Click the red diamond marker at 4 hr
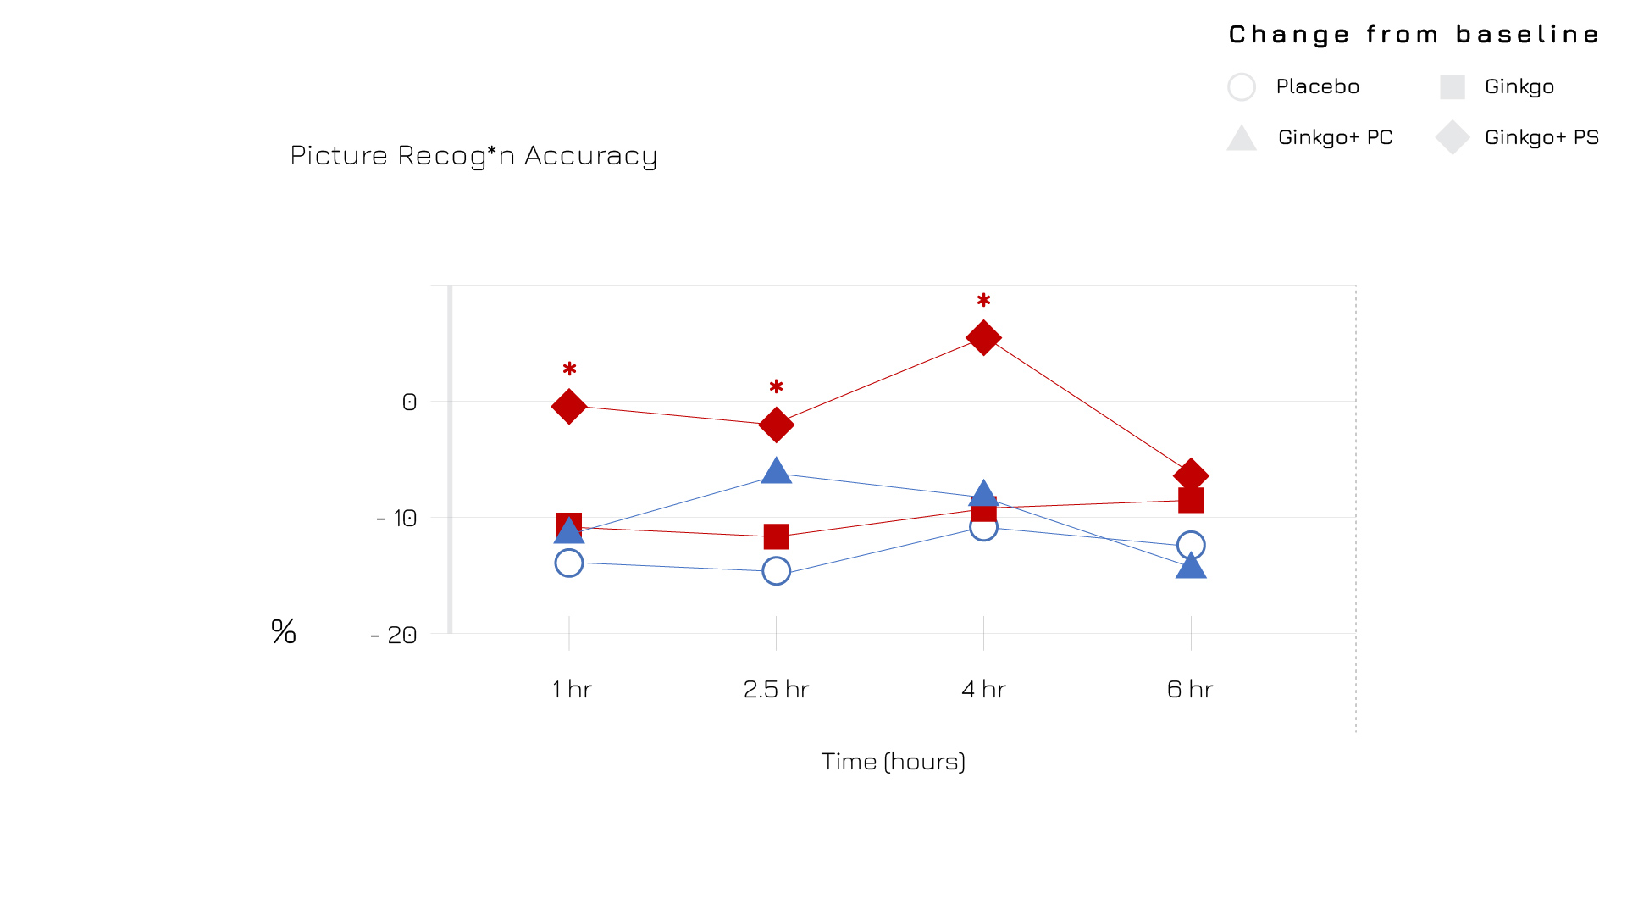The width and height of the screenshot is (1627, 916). click(x=983, y=337)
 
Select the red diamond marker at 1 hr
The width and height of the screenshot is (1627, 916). click(x=569, y=407)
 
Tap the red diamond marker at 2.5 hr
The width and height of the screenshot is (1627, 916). click(x=776, y=425)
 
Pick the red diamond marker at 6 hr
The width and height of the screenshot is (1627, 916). click(x=1191, y=475)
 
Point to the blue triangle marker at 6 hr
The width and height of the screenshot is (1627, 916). click(x=1191, y=566)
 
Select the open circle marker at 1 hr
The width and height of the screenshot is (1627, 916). click(x=569, y=563)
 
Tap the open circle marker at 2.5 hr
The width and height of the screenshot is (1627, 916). click(x=776, y=571)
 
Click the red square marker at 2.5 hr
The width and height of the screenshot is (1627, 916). click(x=776, y=536)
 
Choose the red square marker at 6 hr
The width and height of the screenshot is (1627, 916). click(x=1191, y=500)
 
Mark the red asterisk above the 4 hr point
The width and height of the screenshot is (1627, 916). click(x=983, y=301)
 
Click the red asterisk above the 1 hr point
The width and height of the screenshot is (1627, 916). click(x=569, y=369)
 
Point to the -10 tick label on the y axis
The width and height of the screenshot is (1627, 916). click(x=396, y=518)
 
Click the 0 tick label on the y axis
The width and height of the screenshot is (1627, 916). click(x=409, y=402)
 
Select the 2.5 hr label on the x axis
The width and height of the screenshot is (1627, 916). click(x=776, y=689)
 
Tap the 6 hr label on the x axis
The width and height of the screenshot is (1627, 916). click(x=1190, y=689)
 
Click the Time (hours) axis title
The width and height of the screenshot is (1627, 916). click(x=893, y=761)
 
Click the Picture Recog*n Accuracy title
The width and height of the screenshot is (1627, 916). click(x=473, y=155)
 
